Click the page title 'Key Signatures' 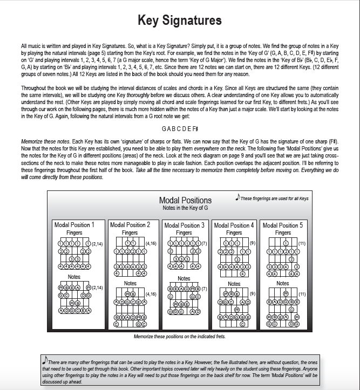(180, 21)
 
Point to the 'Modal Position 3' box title (184, 225)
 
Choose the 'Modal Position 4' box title (234, 225)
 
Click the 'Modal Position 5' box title (283, 225)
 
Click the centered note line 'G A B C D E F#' (180, 129)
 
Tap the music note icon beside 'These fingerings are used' (237, 197)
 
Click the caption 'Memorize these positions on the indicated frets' (179, 337)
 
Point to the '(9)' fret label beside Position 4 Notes (252, 294)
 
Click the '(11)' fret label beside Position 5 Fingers (302, 244)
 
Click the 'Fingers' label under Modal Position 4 (234, 232)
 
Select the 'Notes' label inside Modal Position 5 (283, 283)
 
